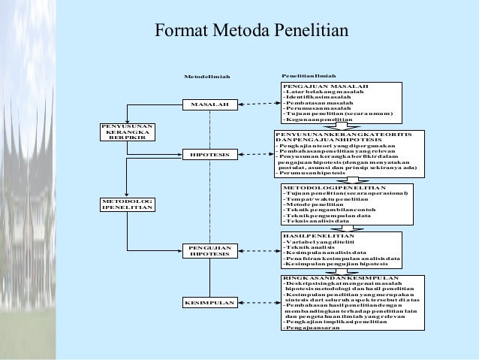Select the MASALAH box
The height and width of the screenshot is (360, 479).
point(210,103)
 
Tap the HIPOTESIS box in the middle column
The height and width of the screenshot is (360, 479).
point(210,154)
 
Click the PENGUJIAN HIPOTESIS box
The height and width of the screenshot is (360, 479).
point(210,250)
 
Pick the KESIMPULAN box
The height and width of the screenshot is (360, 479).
point(210,303)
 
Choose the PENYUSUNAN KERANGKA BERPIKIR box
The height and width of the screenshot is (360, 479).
point(127,132)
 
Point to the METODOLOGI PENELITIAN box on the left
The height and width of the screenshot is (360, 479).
point(127,205)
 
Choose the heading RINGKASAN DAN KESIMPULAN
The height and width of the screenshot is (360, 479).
point(334,279)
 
